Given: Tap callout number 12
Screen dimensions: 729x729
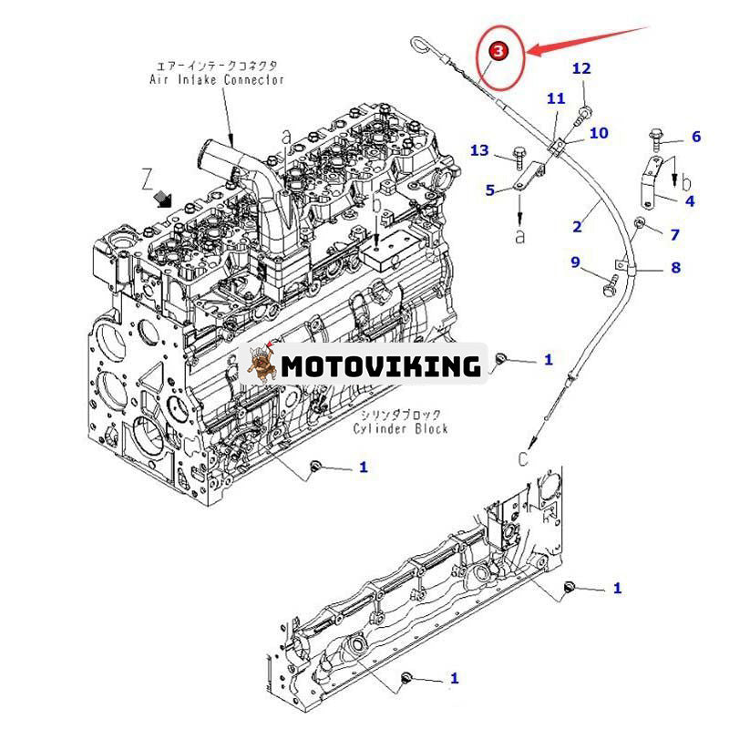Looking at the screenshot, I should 581,68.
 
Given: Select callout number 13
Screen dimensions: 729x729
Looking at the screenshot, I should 479,150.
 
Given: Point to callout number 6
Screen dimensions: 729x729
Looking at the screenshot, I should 696,137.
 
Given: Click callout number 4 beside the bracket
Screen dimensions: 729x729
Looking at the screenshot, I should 690,200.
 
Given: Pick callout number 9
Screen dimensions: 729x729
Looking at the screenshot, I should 575,262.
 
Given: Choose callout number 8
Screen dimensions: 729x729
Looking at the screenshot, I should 675,268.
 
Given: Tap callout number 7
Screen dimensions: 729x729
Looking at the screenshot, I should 674,235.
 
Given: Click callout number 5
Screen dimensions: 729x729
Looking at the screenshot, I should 490,190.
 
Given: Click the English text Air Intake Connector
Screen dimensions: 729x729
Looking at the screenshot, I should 217,79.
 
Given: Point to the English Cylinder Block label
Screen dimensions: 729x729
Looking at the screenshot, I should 401,429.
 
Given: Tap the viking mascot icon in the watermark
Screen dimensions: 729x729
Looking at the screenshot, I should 263,364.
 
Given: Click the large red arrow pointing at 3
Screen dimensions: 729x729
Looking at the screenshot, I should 592,42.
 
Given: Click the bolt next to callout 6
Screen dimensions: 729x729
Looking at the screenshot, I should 657,137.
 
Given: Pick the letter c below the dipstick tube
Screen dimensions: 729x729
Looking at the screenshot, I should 522,459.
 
